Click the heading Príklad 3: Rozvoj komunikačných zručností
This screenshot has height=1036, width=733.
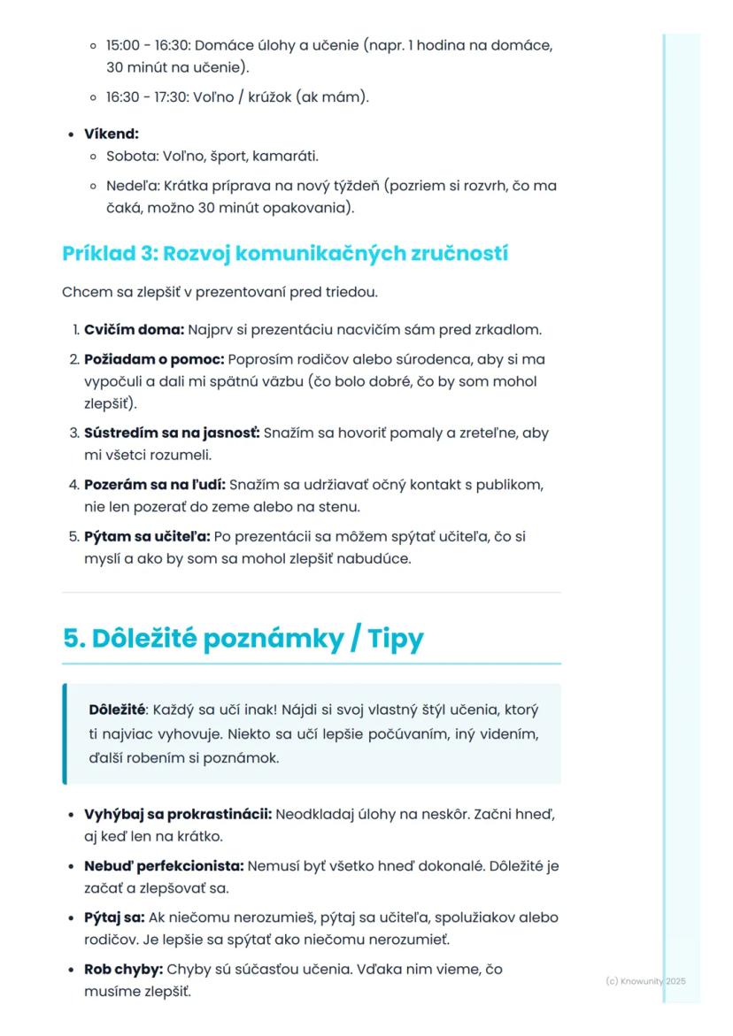click(x=285, y=253)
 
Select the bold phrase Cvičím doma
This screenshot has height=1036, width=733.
click(x=133, y=330)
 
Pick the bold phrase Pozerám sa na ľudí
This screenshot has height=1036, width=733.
click(x=155, y=485)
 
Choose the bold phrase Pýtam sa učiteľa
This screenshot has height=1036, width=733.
click(x=146, y=537)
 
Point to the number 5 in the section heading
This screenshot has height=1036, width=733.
click(x=71, y=640)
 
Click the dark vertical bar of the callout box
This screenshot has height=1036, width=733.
click(x=65, y=733)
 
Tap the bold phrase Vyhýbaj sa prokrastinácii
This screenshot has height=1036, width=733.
click(x=178, y=813)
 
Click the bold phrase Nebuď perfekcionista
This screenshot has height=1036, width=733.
click(x=164, y=865)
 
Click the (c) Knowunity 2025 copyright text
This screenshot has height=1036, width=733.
click(x=645, y=981)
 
